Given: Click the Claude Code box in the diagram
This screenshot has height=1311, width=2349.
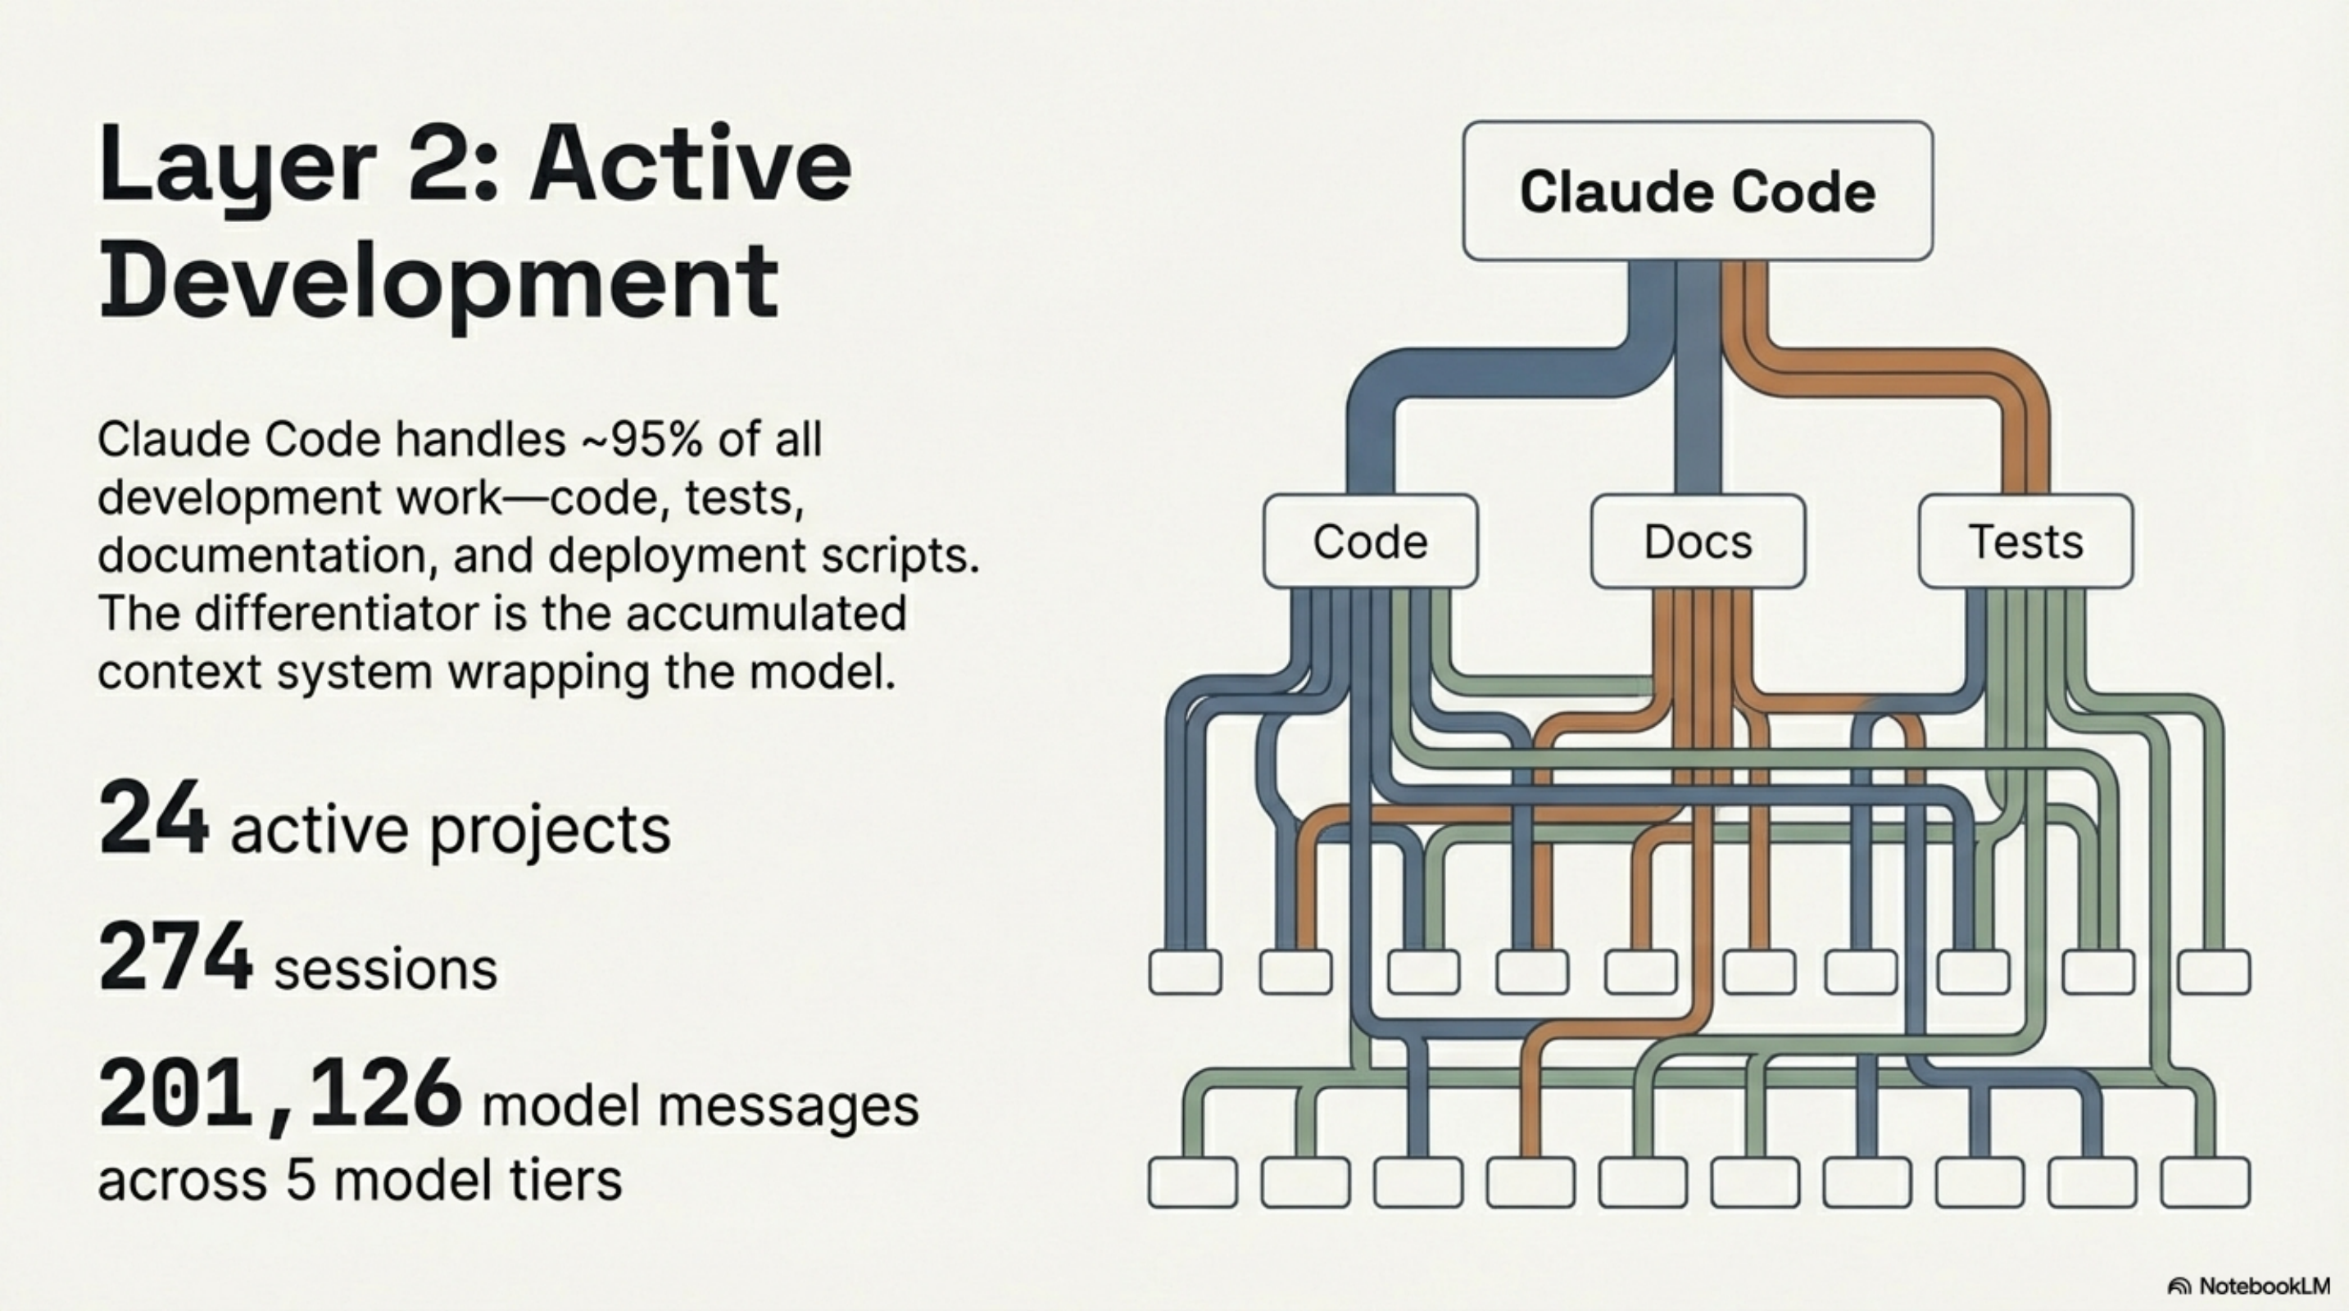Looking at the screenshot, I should click(x=1697, y=192).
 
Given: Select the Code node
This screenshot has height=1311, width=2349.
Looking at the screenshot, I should click(x=1370, y=542).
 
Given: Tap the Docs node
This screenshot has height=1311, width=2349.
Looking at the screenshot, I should click(x=1697, y=542).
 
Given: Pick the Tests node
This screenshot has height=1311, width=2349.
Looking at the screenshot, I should click(x=2025, y=542).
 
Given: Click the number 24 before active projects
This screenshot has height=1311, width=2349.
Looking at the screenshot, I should click(x=152, y=818).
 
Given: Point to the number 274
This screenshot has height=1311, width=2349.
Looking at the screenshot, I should click(x=175, y=956).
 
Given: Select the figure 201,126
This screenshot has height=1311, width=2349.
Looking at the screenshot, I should click(x=279, y=1094).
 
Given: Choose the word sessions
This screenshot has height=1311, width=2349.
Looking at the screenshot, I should click(x=386, y=969).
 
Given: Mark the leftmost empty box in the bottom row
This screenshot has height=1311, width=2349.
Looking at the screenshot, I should click(x=1192, y=1182).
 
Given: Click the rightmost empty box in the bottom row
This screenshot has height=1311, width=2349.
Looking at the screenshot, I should click(x=2205, y=1182).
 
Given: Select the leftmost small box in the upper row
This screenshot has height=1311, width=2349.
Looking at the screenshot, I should click(x=1185, y=972).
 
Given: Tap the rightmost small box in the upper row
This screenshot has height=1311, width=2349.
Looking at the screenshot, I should click(x=2213, y=972).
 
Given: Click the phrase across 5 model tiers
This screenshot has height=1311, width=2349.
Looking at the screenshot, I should click(x=360, y=1180).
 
